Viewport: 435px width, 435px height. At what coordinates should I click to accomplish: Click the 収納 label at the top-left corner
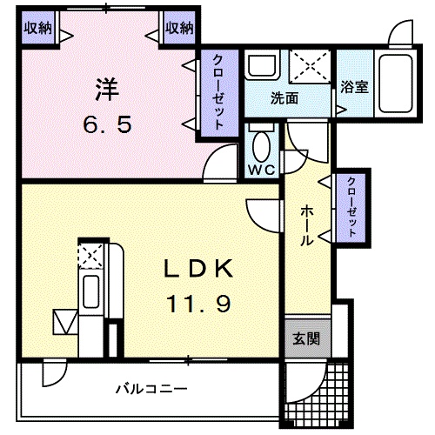[x=37, y=28]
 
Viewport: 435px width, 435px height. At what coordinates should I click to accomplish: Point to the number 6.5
[x=107, y=124]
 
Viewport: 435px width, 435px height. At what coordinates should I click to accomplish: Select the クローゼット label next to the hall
[x=350, y=207]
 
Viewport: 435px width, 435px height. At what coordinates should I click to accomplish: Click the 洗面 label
[x=284, y=98]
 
